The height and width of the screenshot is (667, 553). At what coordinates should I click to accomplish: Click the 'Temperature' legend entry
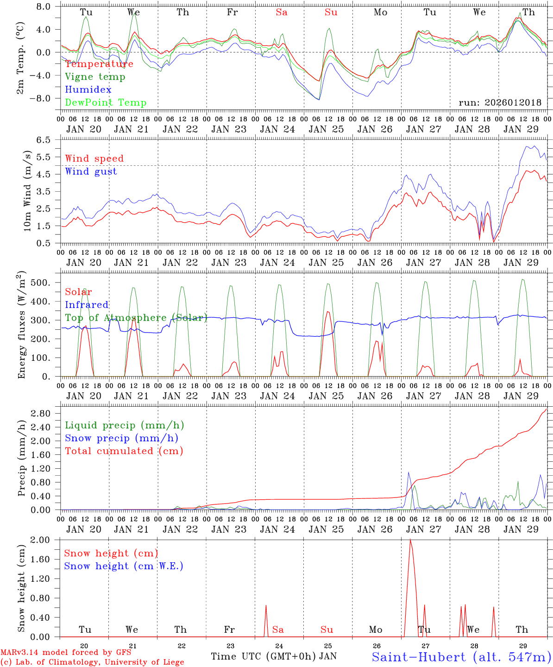99,64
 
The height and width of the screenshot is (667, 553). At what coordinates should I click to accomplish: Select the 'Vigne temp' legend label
95,77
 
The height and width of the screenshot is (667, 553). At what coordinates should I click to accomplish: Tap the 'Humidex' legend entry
88,90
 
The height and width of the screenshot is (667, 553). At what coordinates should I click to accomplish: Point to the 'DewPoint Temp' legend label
106,103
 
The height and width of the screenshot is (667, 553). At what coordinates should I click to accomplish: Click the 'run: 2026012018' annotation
500,103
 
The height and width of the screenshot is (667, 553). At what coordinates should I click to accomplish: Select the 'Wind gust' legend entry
91,171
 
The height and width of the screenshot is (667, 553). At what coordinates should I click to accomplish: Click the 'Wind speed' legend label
94,158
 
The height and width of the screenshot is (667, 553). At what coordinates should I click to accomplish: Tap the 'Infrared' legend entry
87,305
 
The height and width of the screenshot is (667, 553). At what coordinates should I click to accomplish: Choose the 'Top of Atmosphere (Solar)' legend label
136,318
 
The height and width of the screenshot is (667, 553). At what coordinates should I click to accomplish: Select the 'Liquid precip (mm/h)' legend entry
125,425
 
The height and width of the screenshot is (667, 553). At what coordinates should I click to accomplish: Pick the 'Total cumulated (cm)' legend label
124,451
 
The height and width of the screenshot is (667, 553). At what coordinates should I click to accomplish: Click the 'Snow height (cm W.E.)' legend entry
124,566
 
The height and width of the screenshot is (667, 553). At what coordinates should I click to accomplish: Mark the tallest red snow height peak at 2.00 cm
410,540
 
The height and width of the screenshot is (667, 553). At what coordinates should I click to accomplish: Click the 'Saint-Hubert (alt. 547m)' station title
461,657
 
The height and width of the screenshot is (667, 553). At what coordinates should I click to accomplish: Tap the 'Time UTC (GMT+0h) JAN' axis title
273,656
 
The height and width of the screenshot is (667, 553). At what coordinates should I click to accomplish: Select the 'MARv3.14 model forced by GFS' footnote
66,652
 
